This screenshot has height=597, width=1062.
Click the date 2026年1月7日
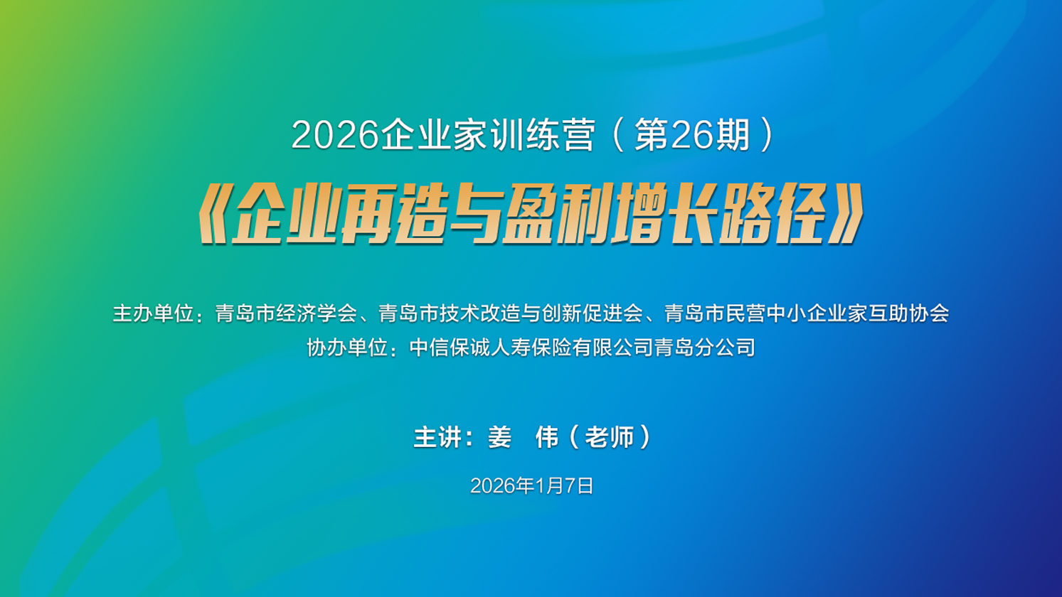point(531,486)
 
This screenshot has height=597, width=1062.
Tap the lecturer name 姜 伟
point(524,436)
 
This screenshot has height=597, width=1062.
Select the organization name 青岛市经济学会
point(286,313)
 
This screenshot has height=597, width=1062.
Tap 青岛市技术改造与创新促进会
point(511,313)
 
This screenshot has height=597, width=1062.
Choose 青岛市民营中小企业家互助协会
point(807,313)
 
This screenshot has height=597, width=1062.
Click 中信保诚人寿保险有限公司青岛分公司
point(582,348)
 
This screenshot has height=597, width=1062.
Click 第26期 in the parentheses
point(692,136)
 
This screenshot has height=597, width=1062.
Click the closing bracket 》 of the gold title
point(846,214)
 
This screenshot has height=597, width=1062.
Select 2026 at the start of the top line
point(335,136)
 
